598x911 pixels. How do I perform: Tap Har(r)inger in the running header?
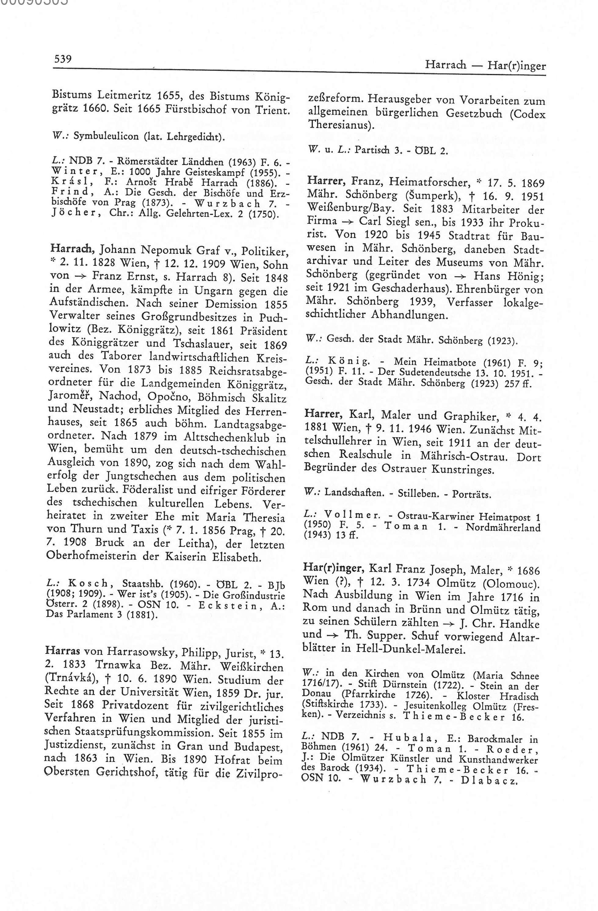coord(516,65)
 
